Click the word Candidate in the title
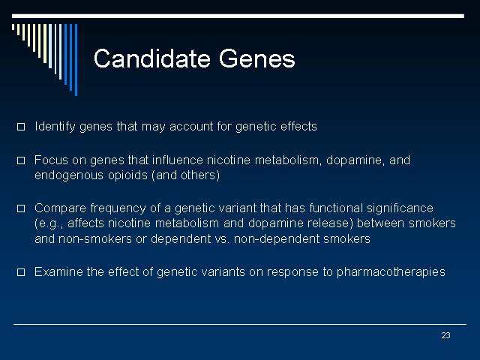click(x=151, y=58)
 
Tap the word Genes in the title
click(x=256, y=58)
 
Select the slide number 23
click(x=445, y=335)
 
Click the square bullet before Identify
click(x=21, y=127)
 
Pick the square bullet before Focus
click(x=21, y=160)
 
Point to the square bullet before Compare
click(x=21, y=208)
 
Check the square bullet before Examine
click(x=21, y=271)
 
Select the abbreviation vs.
click(x=222, y=239)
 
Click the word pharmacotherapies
click(x=391, y=272)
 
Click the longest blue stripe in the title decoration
click(x=76, y=60)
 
